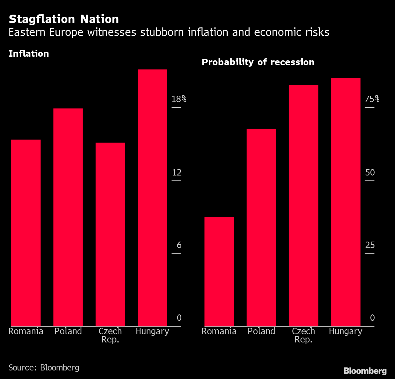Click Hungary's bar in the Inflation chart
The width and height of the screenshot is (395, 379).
pyautogui.click(x=152, y=198)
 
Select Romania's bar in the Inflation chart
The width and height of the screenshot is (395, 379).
pyautogui.click(x=26, y=233)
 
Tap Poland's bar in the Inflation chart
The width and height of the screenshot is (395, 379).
pyautogui.click(x=68, y=217)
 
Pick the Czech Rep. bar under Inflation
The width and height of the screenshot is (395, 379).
pyautogui.click(x=110, y=235)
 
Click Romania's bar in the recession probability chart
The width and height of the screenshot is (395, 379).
pyautogui.click(x=219, y=272)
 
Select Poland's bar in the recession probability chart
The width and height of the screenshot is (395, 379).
pyautogui.click(x=261, y=228)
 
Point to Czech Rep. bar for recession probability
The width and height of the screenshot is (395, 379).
pyautogui.click(x=303, y=206)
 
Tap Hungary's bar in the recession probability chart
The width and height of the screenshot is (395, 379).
pyautogui.click(x=346, y=202)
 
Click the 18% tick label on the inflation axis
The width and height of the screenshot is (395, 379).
pyautogui.click(x=179, y=99)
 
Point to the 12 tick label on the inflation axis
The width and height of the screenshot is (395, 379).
pyautogui.click(x=177, y=173)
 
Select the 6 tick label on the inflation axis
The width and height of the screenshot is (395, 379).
pyautogui.click(x=179, y=245)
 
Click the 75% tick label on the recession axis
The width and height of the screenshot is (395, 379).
pyautogui.click(x=372, y=99)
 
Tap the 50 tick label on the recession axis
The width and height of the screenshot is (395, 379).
pyautogui.click(x=370, y=173)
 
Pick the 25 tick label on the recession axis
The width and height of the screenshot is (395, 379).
pyautogui.click(x=370, y=245)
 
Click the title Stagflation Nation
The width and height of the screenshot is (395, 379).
pyautogui.click(x=64, y=19)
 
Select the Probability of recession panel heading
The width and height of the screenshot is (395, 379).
pyautogui.click(x=258, y=62)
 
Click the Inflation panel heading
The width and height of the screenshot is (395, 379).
pyautogui.click(x=29, y=54)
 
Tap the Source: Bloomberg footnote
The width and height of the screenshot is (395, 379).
pyautogui.click(x=44, y=368)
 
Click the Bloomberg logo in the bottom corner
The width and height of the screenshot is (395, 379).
pyautogui.click(x=365, y=371)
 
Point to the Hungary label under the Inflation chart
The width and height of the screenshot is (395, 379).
pyautogui.click(x=152, y=331)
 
